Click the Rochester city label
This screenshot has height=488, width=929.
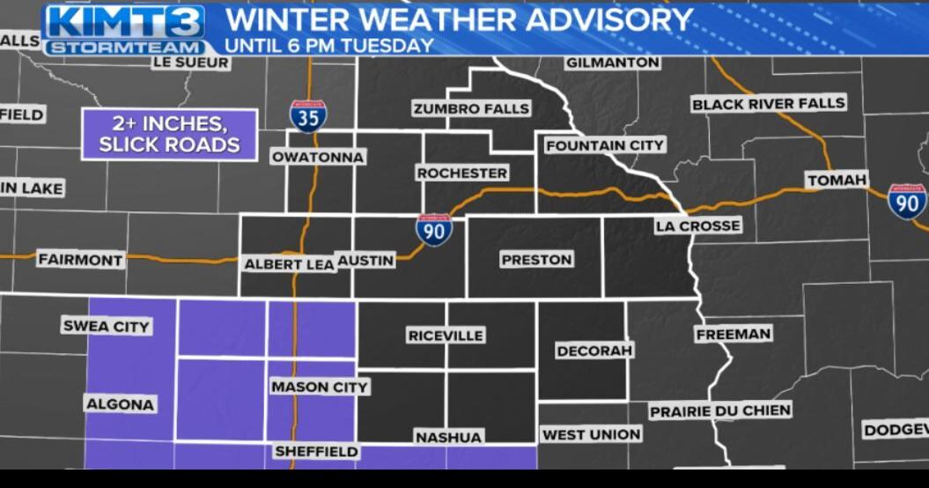pyautogui.click(x=462, y=174)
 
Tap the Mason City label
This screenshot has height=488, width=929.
pyautogui.click(x=319, y=387)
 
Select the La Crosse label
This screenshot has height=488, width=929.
pyautogui.click(x=697, y=226)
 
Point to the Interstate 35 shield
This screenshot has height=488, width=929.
pyautogui.click(x=308, y=116)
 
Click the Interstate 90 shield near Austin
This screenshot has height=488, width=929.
pyautogui.click(x=434, y=230)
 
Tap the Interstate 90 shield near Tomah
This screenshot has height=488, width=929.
pyautogui.click(x=906, y=201)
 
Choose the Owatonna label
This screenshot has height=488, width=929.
pyautogui.click(x=318, y=157)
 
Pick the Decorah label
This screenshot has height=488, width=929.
pyautogui.click(x=594, y=351)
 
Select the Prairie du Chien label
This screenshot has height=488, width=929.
pyautogui.click(x=720, y=410)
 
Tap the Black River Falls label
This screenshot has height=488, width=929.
pyautogui.click(x=768, y=104)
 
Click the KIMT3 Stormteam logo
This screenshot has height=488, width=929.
pyautogui.click(x=124, y=29)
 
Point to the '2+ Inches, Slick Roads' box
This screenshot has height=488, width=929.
pyautogui.click(x=169, y=135)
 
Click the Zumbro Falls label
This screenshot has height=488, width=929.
pyautogui.click(x=471, y=108)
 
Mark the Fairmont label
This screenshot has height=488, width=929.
pyautogui.click(x=80, y=260)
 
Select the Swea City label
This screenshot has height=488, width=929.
pyautogui.click(x=107, y=327)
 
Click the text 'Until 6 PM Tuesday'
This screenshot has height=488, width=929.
pyautogui.click(x=329, y=45)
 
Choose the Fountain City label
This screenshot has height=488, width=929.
pyautogui.click(x=605, y=145)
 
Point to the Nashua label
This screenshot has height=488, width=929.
pyautogui.click(x=448, y=437)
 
